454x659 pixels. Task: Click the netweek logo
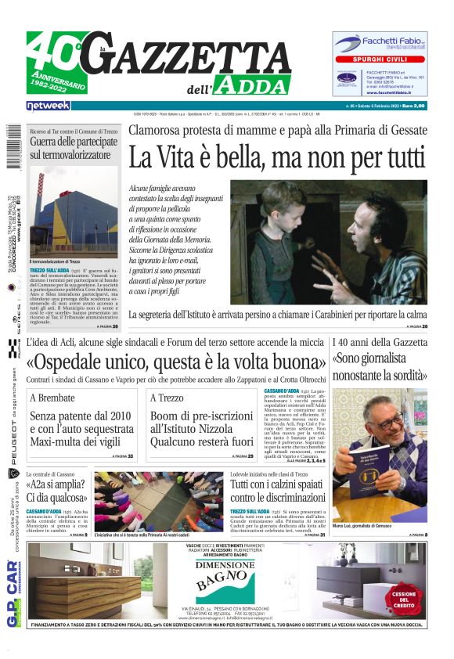click(x=49, y=105)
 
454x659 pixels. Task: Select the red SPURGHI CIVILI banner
click(x=380, y=59)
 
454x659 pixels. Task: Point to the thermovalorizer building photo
click(x=74, y=211)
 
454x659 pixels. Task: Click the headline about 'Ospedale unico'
click(x=187, y=363)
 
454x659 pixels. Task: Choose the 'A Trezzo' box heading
click(x=167, y=398)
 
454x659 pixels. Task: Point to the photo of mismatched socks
click(x=158, y=501)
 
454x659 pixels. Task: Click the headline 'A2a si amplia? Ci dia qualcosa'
click(x=56, y=492)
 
